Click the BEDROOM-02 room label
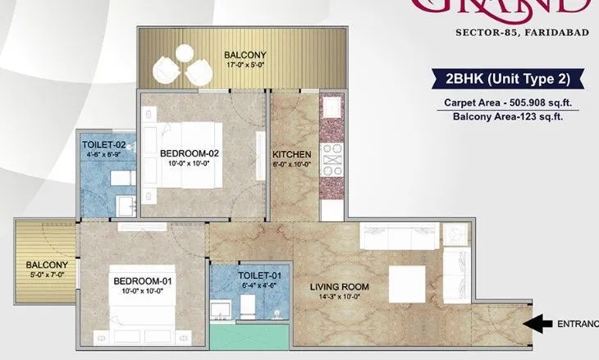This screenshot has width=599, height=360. tap(189, 153)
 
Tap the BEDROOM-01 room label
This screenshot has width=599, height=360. tap(140, 281)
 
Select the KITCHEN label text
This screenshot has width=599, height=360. tap(291, 153)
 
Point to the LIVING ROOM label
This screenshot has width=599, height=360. tap(339, 287)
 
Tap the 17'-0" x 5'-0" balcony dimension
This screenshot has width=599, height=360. tap(244, 68)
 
